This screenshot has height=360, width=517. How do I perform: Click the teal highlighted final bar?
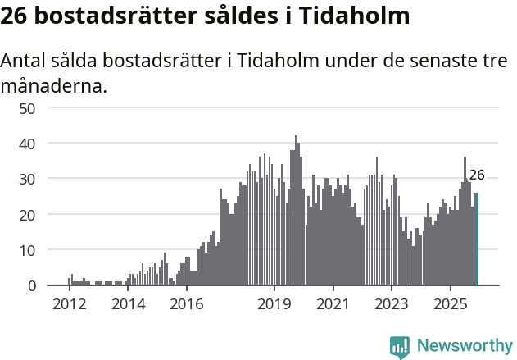476,239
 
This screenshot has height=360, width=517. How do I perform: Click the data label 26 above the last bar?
477,175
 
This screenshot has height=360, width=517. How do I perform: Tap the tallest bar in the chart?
296,211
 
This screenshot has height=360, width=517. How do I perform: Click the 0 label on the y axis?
53,285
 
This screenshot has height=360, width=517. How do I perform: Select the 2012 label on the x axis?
69,304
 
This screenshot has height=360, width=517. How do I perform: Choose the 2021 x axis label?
333,304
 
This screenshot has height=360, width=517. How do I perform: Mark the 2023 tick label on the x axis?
391,304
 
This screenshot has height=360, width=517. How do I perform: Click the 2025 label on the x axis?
450,304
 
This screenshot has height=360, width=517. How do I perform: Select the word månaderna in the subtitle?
53,85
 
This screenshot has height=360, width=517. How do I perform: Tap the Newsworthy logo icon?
400,347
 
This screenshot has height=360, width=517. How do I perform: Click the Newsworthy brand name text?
465,347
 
